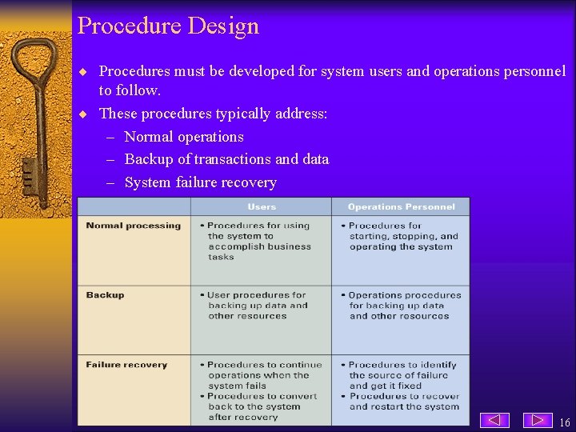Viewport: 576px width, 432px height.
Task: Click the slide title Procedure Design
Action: [x=168, y=26]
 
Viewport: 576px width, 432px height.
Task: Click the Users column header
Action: [x=262, y=207]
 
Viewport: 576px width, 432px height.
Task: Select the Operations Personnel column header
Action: [x=401, y=207]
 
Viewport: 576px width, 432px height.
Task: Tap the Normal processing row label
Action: [x=133, y=226]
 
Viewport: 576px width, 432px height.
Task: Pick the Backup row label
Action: [x=105, y=295]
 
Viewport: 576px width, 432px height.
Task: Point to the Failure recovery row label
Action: [x=126, y=365]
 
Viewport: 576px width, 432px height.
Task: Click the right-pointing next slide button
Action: [x=538, y=420]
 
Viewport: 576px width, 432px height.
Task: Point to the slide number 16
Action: [x=565, y=422]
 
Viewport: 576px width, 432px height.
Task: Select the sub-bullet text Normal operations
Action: [x=184, y=137]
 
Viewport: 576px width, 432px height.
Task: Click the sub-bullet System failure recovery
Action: [x=200, y=182]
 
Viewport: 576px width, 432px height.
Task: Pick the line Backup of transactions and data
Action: [x=226, y=159]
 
